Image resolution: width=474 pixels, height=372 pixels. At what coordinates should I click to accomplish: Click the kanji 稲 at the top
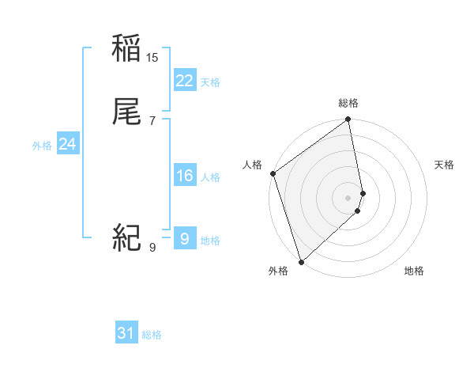tap(126, 49)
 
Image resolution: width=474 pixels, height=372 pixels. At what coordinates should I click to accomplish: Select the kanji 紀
tap(126, 237)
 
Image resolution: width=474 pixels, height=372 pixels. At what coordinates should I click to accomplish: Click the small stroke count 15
tap(152, 58)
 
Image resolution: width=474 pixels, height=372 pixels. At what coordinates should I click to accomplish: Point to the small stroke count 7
tap(152, 120)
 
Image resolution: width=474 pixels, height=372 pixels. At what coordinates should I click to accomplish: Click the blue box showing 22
tap(184, 81)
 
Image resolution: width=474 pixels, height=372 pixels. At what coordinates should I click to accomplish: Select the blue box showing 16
tap(184, 176)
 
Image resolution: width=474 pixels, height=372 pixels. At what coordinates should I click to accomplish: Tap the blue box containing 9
tap(184, 238)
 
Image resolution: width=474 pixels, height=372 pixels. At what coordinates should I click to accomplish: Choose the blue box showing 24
tap(67, 144)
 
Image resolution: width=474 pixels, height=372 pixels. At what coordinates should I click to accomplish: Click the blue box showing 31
tap(126, 333)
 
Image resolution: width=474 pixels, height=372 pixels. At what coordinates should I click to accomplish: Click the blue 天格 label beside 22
tap(210, 82)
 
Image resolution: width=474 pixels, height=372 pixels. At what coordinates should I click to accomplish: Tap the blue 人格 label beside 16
tap(210, 177)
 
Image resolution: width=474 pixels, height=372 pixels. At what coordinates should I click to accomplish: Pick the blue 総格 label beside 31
tap(152, 335)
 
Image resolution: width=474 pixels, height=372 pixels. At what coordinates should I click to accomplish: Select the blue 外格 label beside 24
tap(42, 146)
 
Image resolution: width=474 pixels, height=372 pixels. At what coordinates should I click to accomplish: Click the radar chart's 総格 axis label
tap(348, 103)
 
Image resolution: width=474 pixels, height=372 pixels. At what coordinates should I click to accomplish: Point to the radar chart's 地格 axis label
tap(414, 271)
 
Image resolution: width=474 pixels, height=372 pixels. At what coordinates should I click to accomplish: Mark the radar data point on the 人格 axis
tap(273, 173)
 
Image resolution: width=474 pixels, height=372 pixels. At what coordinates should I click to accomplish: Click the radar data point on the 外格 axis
tap(301, 261)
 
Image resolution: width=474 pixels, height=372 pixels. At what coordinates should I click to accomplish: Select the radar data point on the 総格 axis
tap(348, 120)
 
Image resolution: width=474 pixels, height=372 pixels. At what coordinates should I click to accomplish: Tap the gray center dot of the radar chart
tap(348, 197)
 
